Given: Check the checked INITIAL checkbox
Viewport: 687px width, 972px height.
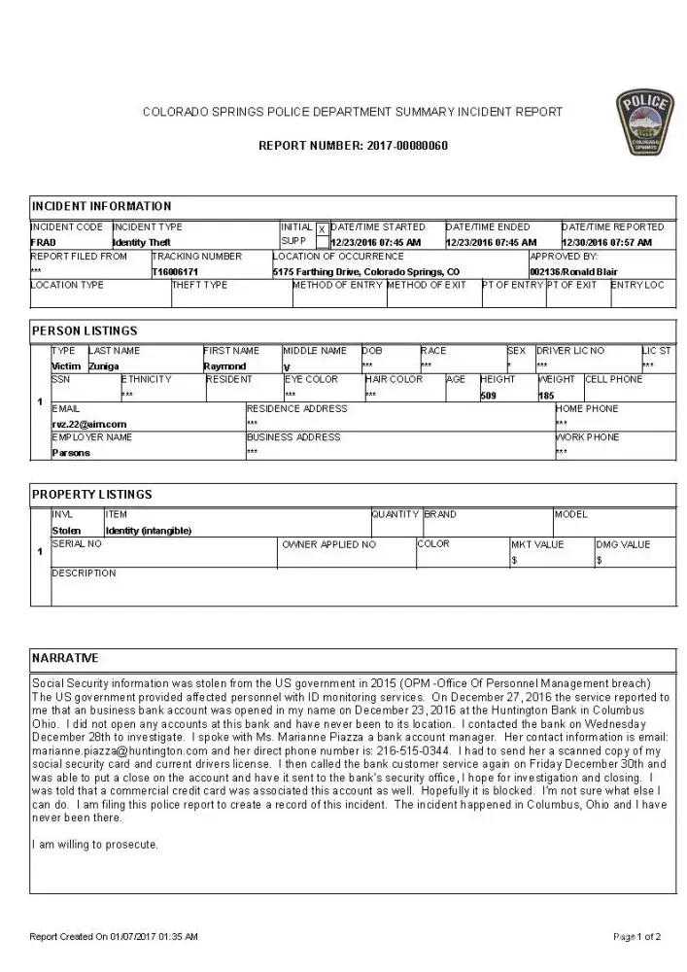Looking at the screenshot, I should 323,229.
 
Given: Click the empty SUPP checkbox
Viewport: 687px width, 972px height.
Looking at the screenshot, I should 323,242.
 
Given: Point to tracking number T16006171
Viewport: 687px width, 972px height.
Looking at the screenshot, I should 175,271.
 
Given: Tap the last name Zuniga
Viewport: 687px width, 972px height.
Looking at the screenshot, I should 104,366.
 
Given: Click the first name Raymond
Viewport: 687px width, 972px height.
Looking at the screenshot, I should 224,366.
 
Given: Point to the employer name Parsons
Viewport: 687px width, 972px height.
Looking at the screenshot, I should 71,453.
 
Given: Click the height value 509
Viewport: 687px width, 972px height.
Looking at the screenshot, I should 488,396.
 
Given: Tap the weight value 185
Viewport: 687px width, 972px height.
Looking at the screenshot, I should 546,396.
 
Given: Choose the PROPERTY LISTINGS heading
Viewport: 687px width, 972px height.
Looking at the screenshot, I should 92,495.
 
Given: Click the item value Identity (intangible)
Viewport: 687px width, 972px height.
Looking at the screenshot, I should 148,531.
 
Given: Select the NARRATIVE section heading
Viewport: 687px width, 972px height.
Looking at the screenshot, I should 65,658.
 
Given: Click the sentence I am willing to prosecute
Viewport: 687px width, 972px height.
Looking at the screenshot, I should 95,844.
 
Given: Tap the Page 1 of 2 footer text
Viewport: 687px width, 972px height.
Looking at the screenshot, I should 636,937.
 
